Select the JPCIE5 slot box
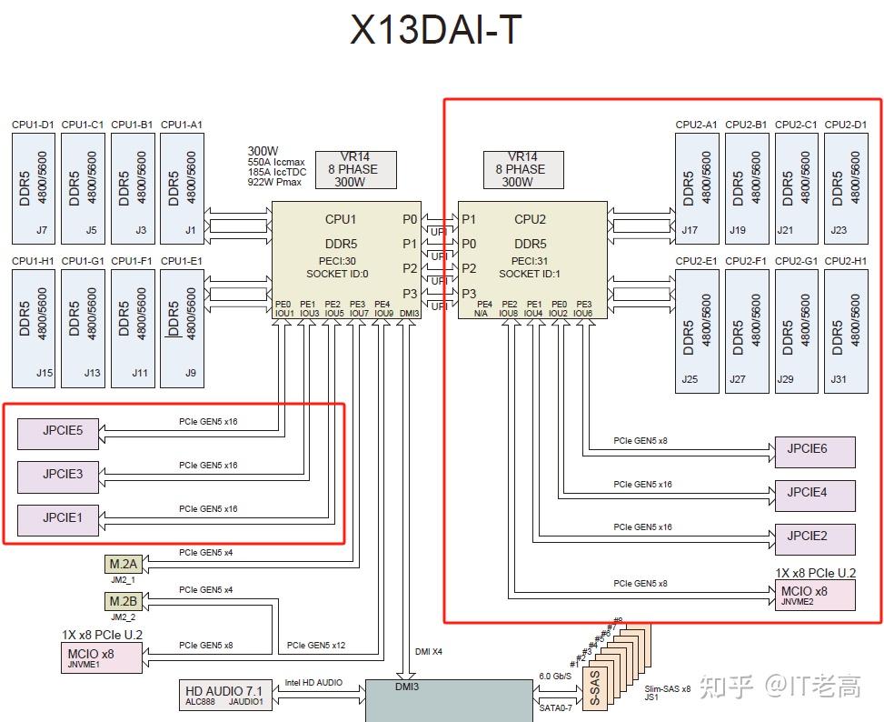62,432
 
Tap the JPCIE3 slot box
62,475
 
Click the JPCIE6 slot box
814,451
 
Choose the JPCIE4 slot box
814,494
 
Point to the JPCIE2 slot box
814,537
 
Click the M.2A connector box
123,565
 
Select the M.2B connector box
123,602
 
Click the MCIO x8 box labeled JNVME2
814,595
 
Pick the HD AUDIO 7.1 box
223,696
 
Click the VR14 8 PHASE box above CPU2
523,169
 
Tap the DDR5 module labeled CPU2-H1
846,326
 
